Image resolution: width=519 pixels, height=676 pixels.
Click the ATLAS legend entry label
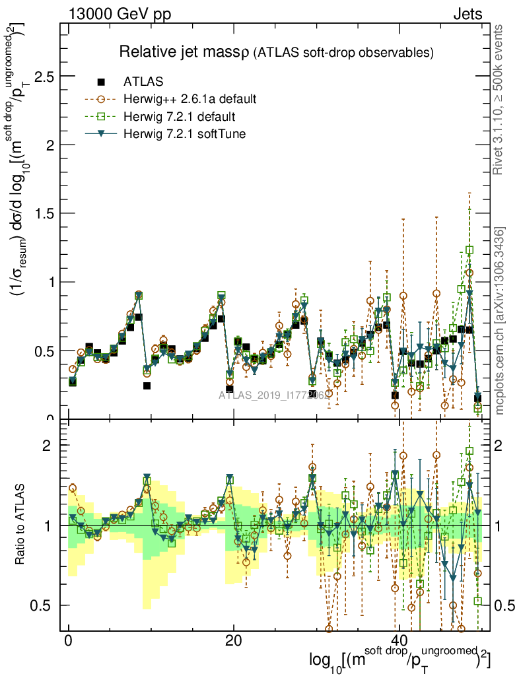pos(143,83)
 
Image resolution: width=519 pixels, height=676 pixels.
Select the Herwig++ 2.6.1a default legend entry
pos(190,100)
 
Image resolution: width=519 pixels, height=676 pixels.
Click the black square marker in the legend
pos(101,83)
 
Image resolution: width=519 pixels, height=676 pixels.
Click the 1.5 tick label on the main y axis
pos(44,213)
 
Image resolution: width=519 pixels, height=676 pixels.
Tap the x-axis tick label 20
pos(233,642)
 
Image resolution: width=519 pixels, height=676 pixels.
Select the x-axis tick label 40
pos(398,642)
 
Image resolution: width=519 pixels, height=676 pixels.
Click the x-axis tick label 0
pos(69,642)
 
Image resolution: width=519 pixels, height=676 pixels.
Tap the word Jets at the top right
pos(467,14)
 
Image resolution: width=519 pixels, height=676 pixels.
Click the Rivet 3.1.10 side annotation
pos(499,99)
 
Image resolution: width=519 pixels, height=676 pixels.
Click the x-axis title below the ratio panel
pos(399,659)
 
